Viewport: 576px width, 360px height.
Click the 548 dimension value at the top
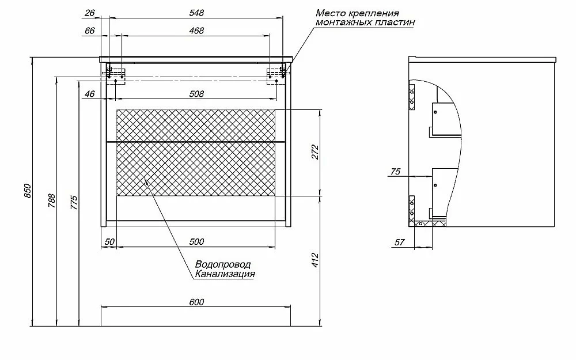[196, 13]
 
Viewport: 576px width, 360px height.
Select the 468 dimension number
[196, 31]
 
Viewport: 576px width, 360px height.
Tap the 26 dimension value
[90, 13]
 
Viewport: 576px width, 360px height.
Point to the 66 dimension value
[90, 31]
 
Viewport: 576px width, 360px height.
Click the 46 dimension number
[90, 94]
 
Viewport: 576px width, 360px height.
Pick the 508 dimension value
[196, 94]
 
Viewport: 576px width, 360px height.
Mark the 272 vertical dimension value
[315, 152]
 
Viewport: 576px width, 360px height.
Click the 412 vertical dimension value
[315, 260]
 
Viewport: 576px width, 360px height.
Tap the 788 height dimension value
[51, 201]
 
